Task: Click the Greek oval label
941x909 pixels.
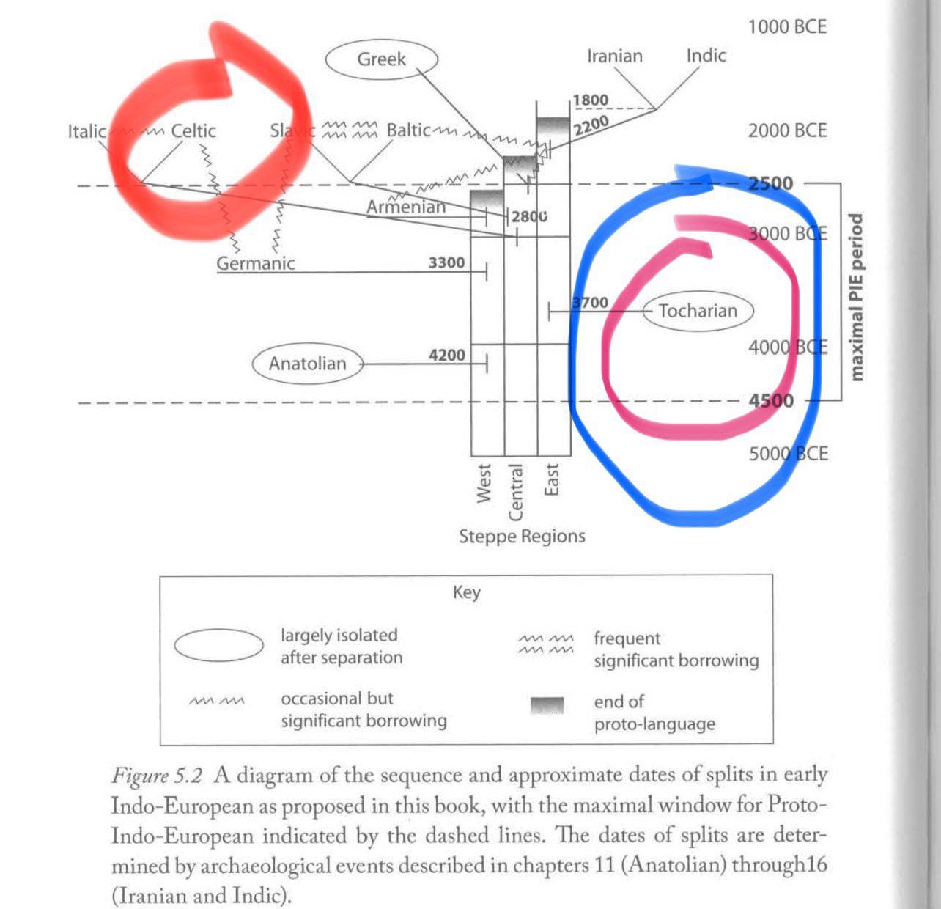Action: pyautogui.click(x=381, y=59)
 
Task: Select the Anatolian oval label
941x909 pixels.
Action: pyautogui.click(x=307, y=364)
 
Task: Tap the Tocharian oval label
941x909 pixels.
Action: pyautogui.click(x=698, y=311)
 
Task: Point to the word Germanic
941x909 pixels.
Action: pyautogui.click(x=255, y=263)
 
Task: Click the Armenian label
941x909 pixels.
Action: pyautogui.click(x=406, y=207)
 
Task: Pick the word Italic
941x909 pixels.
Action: pyautogui.click(x=86, y=131)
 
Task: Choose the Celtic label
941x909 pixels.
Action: pyautogui.click(x=193, y=131)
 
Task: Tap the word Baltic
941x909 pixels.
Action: pyautogui.click(x=408, y=130)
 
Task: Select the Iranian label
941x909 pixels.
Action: pyautogui.click(x=614, y=56)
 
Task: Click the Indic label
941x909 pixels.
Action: pyautogui.click(x=706, y=55)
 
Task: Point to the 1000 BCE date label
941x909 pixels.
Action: pyautogui.click(x=787, y=27)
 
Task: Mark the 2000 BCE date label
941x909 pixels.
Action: pyautogui.click(x=787, y=130)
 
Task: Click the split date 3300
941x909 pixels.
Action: pyautogui.click(x=446, y=262)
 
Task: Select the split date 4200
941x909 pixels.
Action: pyautogui.click(x=446, y=355)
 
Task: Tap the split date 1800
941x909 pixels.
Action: pyautogui.click(x=590, y=100)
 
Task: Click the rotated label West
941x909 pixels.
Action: pyautogui.click(x=484, y=482)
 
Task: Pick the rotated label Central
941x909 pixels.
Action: pyautogui.click(x=516, y=491)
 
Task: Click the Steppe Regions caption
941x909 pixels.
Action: pyautogui.click(x=522, y=536)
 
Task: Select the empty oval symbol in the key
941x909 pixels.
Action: pyautogui.click(x=218, y=646)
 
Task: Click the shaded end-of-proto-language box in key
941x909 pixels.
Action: pyautogui.click(x=547, y=706)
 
